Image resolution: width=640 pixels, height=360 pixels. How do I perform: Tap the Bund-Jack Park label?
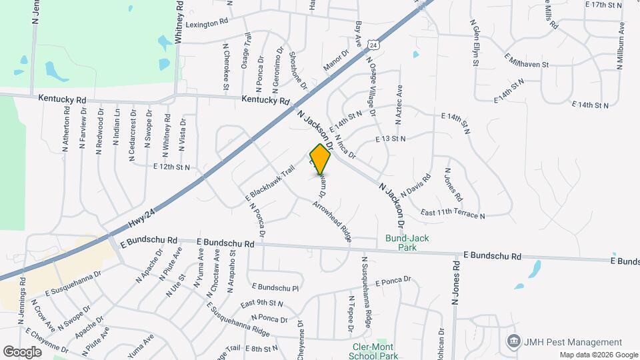[401, 243]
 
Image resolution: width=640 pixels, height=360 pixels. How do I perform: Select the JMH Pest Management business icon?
[513, 341]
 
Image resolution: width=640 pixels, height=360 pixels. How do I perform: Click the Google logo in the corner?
[22, 351]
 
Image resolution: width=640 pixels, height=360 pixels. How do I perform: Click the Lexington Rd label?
[207, 23]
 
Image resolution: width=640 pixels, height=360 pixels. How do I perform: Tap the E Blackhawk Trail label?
[271, 181]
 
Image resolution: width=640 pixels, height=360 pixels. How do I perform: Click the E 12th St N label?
[171, 167]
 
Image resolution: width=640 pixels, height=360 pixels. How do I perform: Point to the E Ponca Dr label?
[393, 281]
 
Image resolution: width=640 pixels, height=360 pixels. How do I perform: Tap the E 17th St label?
[603, 5]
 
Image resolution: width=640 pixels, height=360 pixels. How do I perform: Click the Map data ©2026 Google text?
[598, 355]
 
